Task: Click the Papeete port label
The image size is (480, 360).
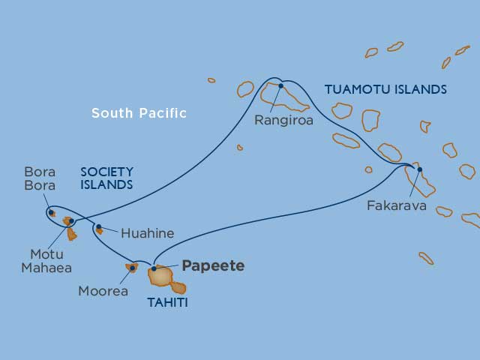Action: (213, 266)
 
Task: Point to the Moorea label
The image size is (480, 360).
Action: (103, 291)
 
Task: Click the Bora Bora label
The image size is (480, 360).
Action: (40, 178)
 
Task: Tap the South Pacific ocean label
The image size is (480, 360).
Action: (139, 113)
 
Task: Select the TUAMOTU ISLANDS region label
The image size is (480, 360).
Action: (385, 90)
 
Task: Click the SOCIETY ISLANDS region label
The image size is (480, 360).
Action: (106, 178)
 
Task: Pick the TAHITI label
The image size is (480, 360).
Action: (167, 303)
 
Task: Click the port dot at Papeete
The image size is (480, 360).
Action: (154, 268)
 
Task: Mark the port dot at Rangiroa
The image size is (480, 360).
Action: (280, 85)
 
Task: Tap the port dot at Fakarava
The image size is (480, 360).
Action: (419, 169)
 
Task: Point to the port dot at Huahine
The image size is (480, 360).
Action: (98, 226)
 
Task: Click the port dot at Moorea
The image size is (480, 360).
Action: (133, 267)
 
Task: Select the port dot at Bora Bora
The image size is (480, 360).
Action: (51, 212)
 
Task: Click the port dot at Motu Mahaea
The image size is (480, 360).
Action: (71, 221)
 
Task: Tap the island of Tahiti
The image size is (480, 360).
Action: (162, 277)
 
